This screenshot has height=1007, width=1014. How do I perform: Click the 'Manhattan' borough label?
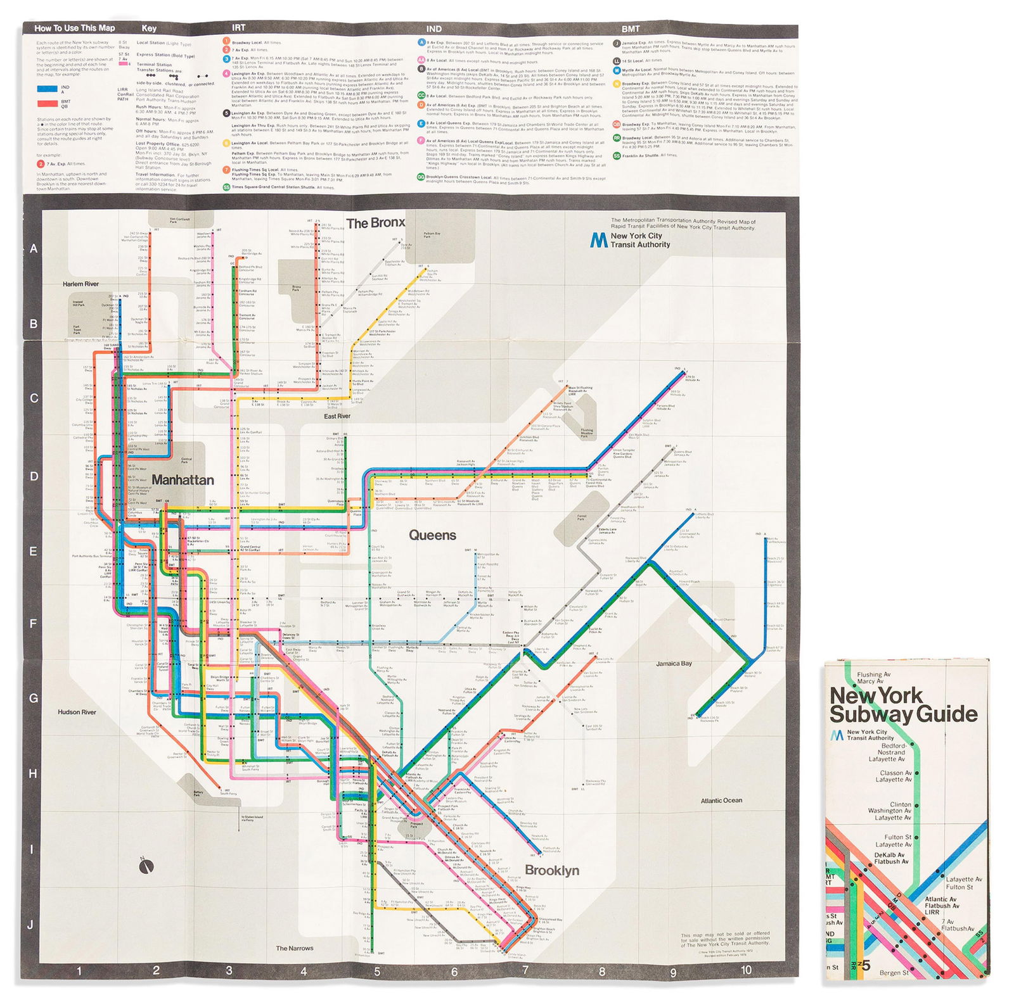click(183, 480)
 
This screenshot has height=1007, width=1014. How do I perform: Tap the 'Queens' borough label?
click(432, 535)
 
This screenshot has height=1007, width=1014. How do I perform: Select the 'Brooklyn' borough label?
click(551, 870)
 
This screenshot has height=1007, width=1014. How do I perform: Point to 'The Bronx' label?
click(375, 223)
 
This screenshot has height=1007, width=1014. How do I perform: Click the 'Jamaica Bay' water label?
click(674, 664)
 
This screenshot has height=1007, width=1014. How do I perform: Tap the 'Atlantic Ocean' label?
click(721, 801)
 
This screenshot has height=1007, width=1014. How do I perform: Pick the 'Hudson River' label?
click(77, 712)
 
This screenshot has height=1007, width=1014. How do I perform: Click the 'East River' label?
click(337, 416)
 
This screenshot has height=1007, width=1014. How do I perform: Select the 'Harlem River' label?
click(80, 284)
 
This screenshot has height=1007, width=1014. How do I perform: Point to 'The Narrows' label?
click(294, 948)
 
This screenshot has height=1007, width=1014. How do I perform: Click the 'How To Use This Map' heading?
click(75, 28)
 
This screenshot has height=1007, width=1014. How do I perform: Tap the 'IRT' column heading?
click(238, 28)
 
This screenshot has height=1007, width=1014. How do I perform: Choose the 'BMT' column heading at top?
click(630, 28)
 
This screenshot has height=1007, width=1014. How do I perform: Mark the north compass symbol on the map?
click(147, 865)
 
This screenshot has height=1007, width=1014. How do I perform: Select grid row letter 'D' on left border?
click(34, 476)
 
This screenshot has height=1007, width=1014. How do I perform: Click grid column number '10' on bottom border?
click(746, 970)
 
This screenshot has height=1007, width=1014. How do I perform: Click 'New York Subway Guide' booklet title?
click(903, 704)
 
